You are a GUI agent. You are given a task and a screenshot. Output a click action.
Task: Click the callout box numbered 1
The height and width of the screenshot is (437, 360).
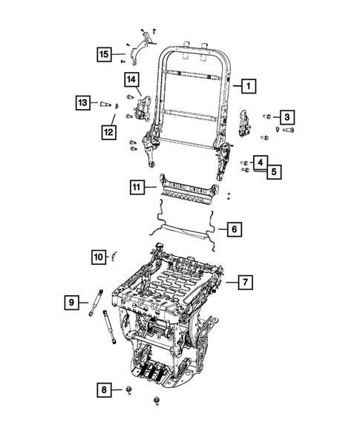click(249, 86)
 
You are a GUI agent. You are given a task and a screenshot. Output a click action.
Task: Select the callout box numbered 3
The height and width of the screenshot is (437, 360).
click(286, 116)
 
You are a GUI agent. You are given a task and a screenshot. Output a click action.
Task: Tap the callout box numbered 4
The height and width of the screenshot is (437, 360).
click(261, 162)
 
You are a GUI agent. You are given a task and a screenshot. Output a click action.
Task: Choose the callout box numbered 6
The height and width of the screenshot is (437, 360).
click(232, 229)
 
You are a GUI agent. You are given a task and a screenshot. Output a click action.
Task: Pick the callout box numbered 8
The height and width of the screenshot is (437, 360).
click(105, 389)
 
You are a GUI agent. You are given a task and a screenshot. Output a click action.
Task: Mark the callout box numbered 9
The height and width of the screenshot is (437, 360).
click(72, 302)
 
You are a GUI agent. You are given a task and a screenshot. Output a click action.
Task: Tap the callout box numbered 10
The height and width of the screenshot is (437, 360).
click(99, 257)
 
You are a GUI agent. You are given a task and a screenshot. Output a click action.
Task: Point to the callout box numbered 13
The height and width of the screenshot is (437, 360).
click(83, 102)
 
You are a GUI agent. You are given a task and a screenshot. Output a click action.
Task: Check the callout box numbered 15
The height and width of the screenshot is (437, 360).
click(105, 53)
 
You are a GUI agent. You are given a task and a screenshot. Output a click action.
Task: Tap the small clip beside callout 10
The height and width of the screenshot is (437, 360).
click(114, 257)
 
